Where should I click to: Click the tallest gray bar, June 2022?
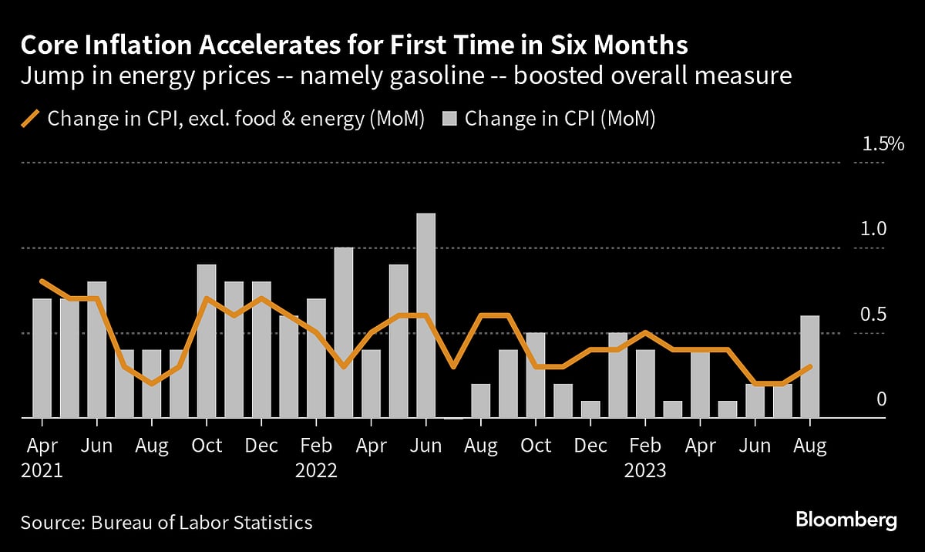point(426,316)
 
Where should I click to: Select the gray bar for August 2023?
point(810,367)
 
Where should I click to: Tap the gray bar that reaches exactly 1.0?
point(344,333)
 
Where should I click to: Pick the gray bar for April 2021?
point(42,358)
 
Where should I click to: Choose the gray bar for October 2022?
point(536,376)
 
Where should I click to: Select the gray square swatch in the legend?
point(450,119)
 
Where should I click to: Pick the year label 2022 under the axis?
point(316,470)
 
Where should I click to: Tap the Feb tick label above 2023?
point(645,446)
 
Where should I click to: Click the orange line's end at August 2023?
point(810,367)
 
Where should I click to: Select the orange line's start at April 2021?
point(42,281)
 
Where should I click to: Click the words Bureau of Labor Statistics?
point(202,522)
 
